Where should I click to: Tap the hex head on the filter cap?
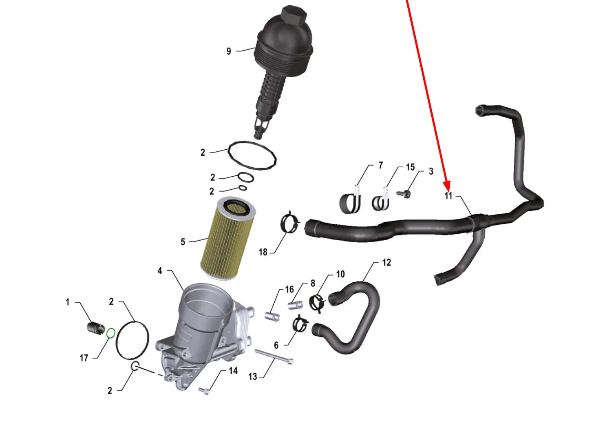(294, 15)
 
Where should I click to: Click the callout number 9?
(229, 51)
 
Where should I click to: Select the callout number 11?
(448, 195)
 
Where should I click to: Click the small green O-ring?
(111, 333)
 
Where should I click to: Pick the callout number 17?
(84, 358)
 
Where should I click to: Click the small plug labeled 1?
(96, 327)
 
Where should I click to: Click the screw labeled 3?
(404, 194)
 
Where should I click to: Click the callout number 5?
(183, 242)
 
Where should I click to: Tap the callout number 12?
(386, 262)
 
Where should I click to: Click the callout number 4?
(160, 271)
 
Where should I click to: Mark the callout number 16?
(289, 289)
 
